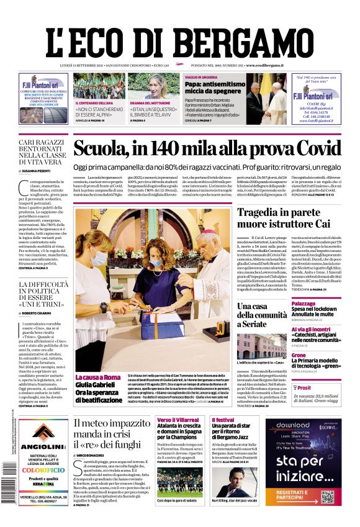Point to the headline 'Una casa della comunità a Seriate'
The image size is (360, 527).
coord(262,315)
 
